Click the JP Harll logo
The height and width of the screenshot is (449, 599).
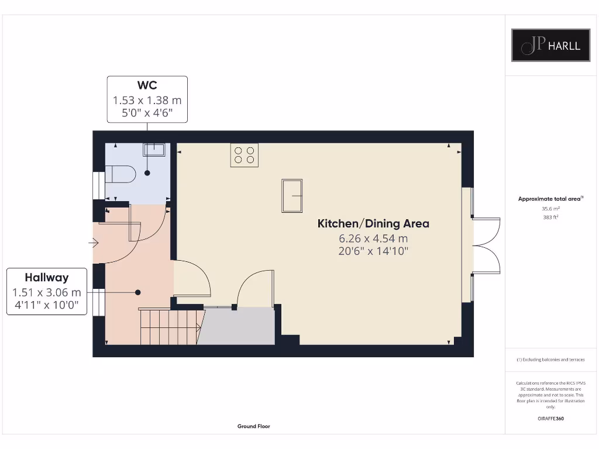(550, 45)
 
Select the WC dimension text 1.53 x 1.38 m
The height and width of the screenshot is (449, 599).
(147, 100)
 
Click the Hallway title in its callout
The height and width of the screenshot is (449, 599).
(46, 278)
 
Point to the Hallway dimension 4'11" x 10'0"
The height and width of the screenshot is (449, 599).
(46, 305)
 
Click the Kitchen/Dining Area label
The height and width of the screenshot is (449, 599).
(373, 223)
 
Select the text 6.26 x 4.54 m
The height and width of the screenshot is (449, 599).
(373, 238)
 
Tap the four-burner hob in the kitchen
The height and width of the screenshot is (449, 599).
(244, 155)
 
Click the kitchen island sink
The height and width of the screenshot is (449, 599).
(292, 196)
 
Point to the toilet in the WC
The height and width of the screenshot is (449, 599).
(120, 174)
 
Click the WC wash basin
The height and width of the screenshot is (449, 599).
(153, 150)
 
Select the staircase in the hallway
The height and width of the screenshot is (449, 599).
(170, 327)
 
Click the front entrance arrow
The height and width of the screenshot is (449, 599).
(94, 243)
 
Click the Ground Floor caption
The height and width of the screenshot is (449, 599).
(254, 427)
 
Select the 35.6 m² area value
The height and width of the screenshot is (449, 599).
(551, 208)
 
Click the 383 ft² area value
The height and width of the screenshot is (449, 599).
(551, 217)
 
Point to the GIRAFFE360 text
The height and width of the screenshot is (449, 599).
(551, 419)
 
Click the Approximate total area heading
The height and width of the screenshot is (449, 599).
(550, 199)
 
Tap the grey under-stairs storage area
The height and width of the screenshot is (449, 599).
(237, 327)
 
